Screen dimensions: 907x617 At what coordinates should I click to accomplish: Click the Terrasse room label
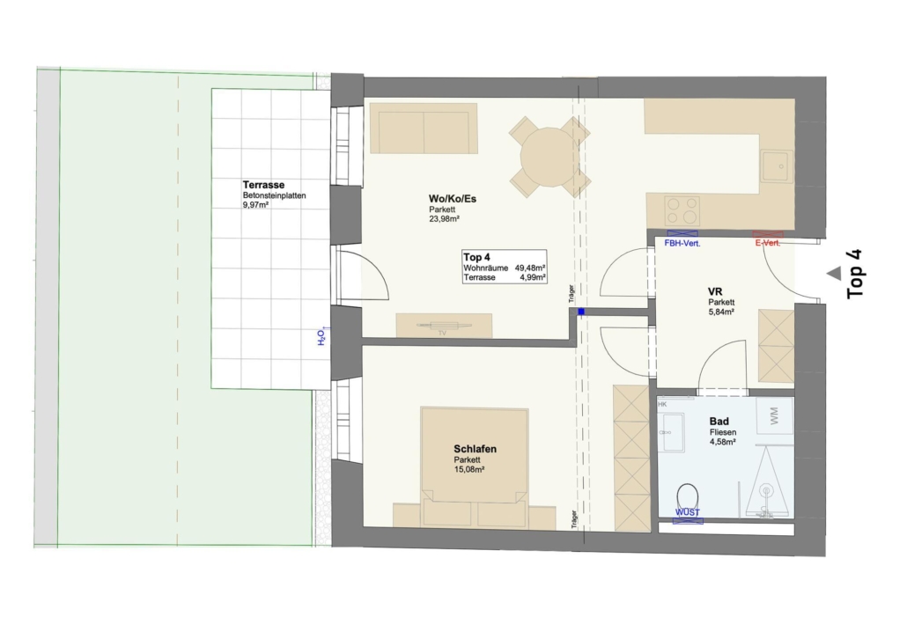264,185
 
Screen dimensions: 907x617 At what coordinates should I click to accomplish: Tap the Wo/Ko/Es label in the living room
453,199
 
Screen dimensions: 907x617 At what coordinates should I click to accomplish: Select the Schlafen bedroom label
475,449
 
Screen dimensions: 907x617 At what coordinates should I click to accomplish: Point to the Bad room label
719,422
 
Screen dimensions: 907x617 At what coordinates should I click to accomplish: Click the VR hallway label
715,292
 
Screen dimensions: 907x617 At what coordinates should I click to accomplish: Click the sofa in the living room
424,129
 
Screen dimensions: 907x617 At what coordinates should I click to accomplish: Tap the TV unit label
443,333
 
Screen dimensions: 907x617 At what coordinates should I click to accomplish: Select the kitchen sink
777,166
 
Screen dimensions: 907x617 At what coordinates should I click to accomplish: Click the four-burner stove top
682,211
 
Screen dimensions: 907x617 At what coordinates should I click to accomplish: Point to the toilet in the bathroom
687,498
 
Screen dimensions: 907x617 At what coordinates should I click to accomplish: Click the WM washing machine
774,415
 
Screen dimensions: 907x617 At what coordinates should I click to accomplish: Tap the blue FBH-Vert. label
682,244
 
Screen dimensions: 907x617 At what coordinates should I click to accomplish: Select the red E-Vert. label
768,243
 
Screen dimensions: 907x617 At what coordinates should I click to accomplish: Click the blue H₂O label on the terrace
321,336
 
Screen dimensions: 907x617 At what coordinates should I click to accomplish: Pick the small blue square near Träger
581,312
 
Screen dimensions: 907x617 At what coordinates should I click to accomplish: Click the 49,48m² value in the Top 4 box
530,268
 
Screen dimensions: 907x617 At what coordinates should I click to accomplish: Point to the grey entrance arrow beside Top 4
834,274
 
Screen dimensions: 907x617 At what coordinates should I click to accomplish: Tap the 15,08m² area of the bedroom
469,469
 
